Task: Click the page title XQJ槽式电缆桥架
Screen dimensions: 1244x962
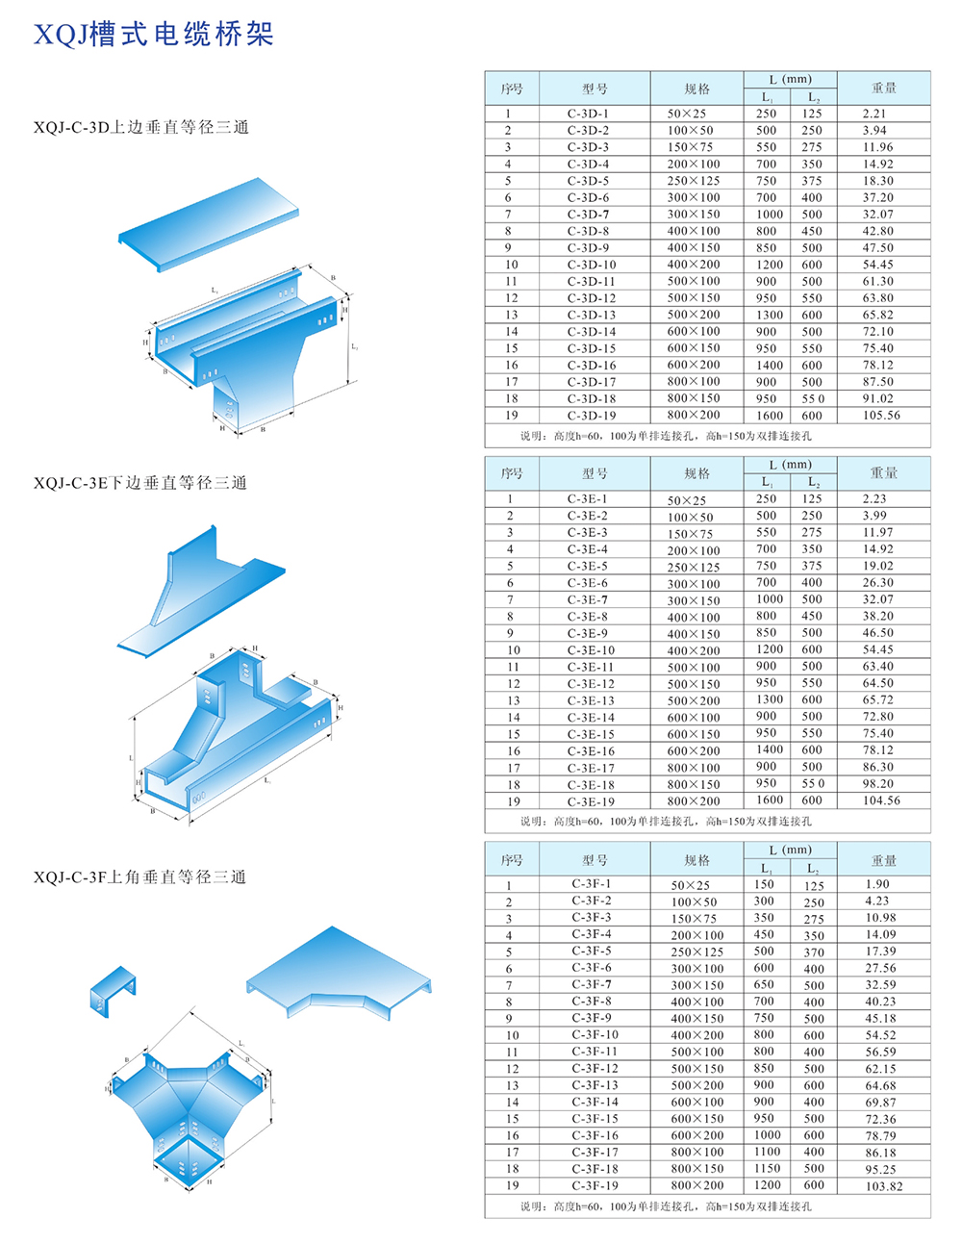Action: point(154,36)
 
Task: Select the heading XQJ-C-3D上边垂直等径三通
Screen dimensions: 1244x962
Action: point(141,127)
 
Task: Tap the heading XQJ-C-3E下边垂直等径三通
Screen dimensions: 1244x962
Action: point(140,483)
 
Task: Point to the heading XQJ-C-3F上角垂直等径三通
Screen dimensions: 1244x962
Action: point(140,877)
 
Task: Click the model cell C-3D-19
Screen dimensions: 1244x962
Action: point(592,416)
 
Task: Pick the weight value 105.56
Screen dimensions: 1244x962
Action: point(881,416)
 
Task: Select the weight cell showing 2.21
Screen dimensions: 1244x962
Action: point(874,114)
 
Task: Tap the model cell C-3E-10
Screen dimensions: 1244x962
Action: point(591,650)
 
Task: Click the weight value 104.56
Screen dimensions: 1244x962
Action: point(881,800)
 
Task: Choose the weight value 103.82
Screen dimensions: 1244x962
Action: point(883,1186)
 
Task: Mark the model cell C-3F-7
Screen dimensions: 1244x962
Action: point(592,984)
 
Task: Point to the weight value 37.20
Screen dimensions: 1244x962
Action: point(877,197)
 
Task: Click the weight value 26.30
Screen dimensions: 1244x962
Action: point(877,583)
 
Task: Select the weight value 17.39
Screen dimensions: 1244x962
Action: point(880,952)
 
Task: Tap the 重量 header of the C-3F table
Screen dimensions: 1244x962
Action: point(883,860)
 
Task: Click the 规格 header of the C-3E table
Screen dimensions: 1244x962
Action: point(696,473)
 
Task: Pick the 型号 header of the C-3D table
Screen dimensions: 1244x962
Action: point(595,89)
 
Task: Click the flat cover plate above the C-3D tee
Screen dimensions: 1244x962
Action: point(210,223)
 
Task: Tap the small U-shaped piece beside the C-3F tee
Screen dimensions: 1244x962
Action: point(114,992)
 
